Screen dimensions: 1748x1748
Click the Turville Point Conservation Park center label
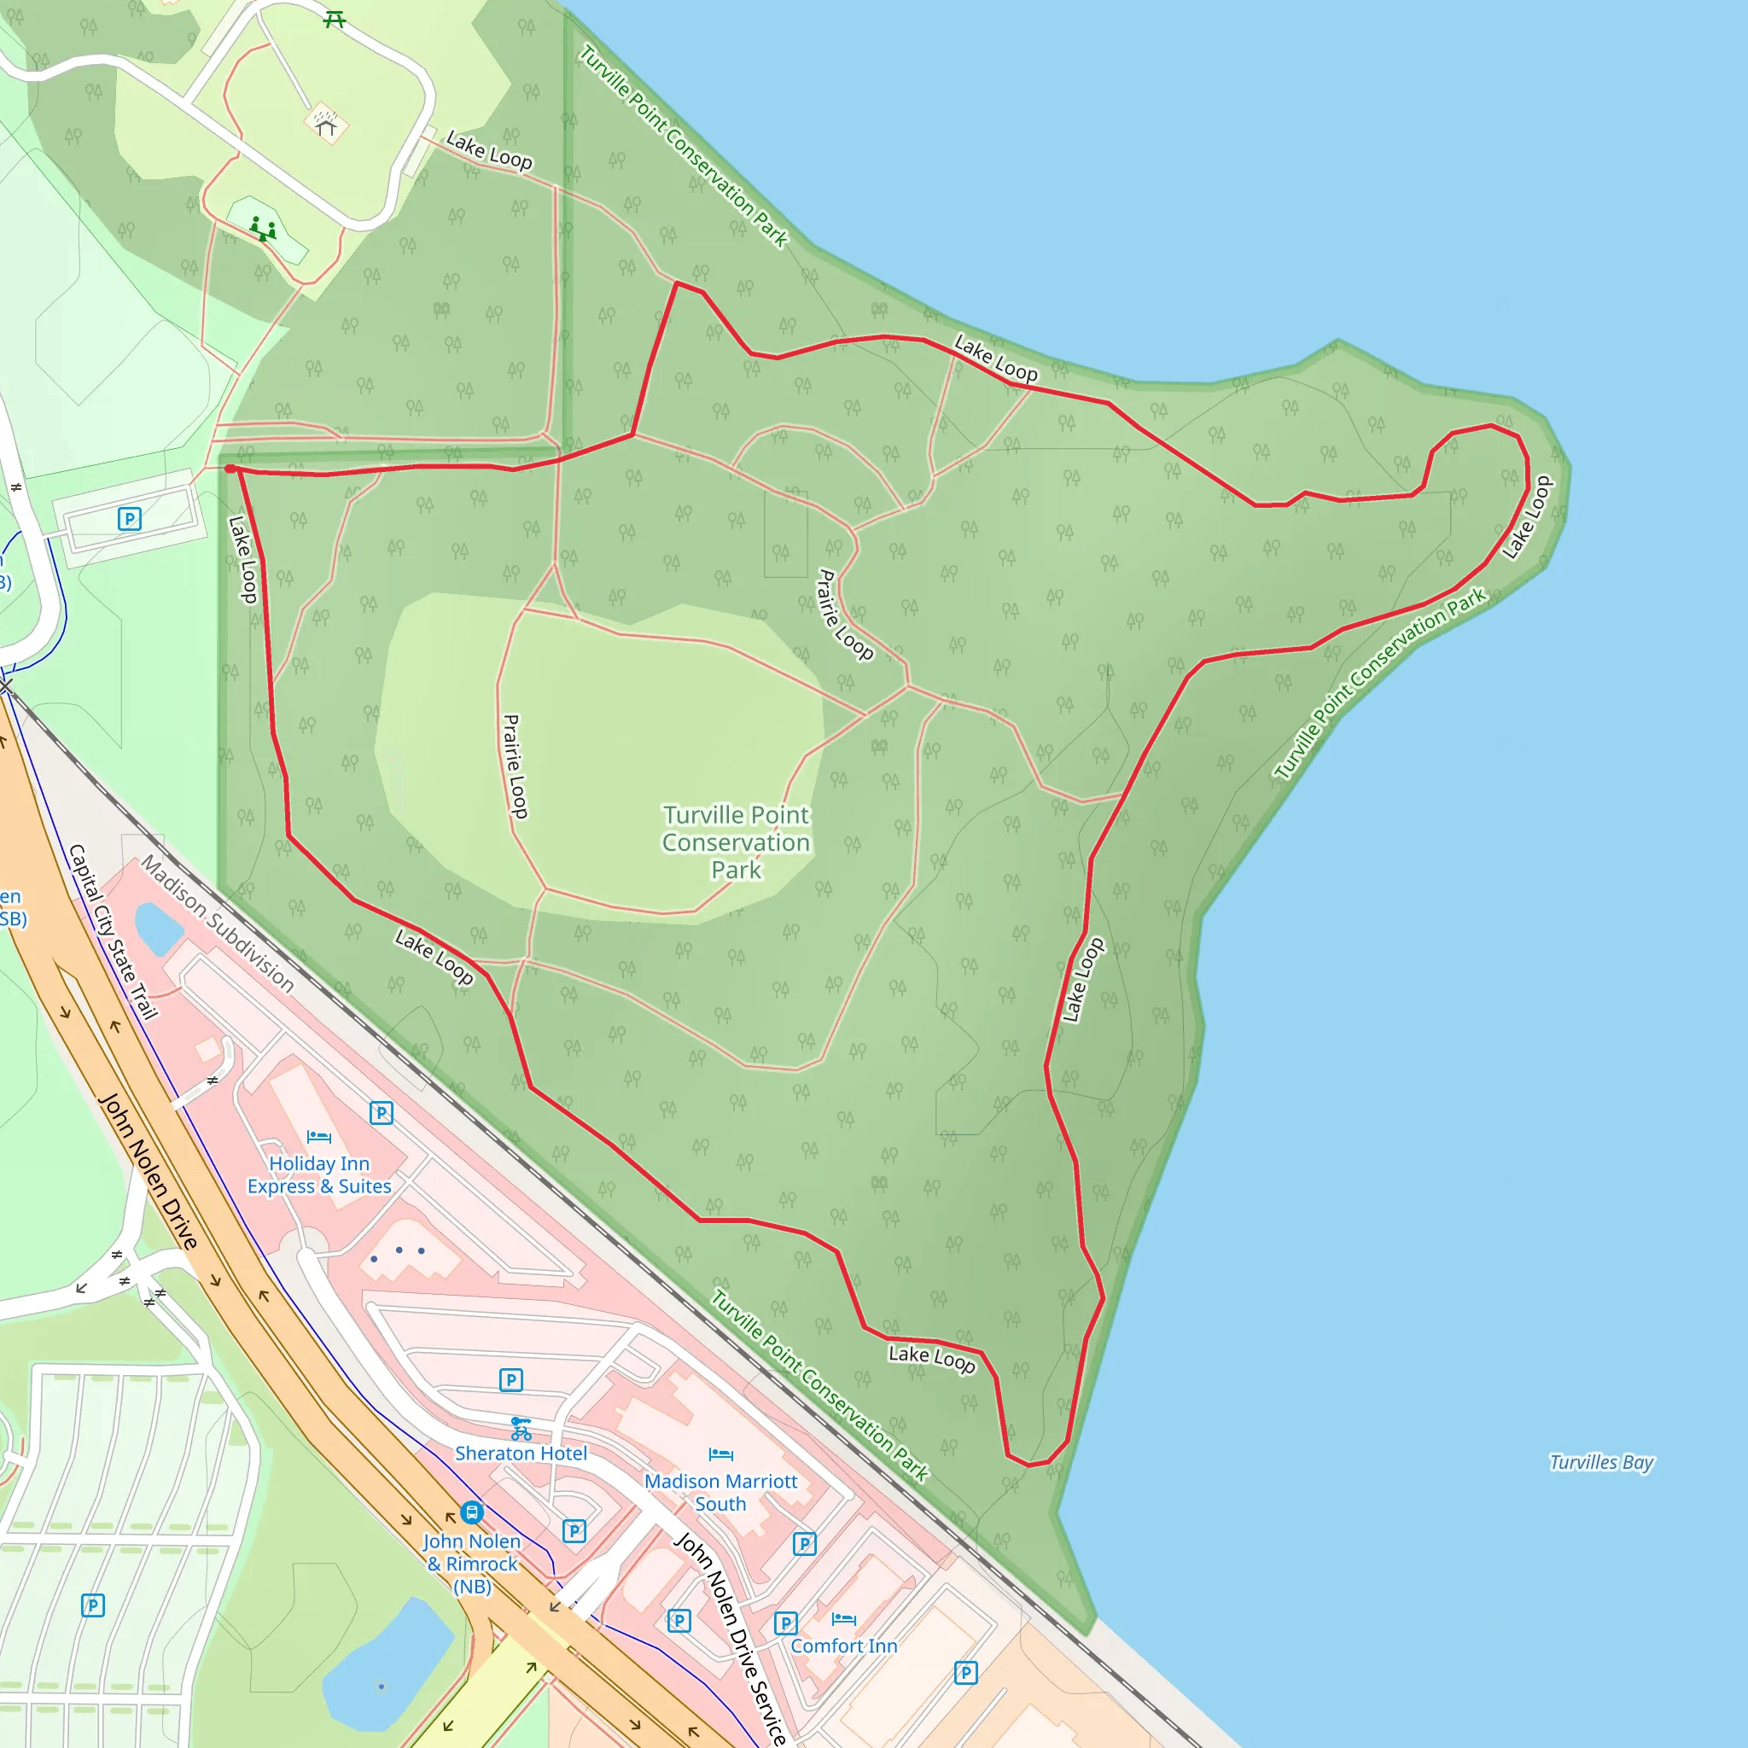tap(736, 842)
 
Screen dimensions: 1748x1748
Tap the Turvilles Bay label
tap(1600, 1462)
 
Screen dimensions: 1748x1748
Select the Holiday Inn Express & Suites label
tap(319, 1174)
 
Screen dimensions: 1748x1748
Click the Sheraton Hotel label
tap(521, 1453)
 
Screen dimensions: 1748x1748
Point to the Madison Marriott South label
tap(720, 1492)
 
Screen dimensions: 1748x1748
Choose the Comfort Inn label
tap(843, 1646)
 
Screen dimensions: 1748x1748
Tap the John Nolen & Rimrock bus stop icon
tap(471, 1512)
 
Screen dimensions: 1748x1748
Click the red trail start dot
tap(230, 469)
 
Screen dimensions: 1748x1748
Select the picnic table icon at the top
tap(335, 19)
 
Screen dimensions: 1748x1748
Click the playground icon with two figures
tap(263, 228)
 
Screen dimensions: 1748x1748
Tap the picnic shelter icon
tap(326, 122)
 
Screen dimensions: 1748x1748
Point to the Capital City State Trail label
tap(114, 932)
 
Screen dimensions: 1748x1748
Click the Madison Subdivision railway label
tap(217, 924)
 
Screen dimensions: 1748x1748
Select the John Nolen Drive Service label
tap(731, 1638)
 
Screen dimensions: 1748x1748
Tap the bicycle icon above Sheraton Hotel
tap(521, 1429)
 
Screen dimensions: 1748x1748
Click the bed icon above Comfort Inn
tap(843, 1618)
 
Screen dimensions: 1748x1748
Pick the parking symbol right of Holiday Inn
tap(381, 1113)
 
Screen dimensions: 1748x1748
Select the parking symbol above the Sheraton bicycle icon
tap(511, 1380)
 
